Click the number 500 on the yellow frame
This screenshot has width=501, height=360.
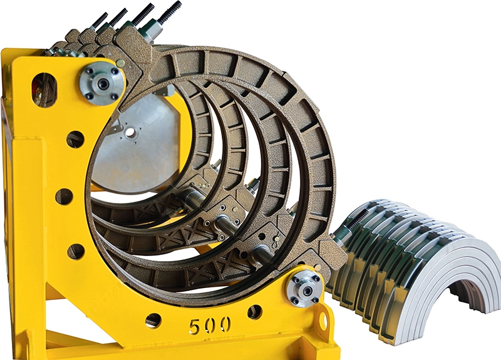[x=210, y=326]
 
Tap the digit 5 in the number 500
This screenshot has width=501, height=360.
[x=195, y=326]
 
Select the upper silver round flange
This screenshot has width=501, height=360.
[x=102, y=83]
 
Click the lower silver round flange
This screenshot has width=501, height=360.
[x=306, y=289]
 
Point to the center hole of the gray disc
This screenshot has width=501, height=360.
[x=130, y=131]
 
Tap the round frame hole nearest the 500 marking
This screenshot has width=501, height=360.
[x=153, y=320]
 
